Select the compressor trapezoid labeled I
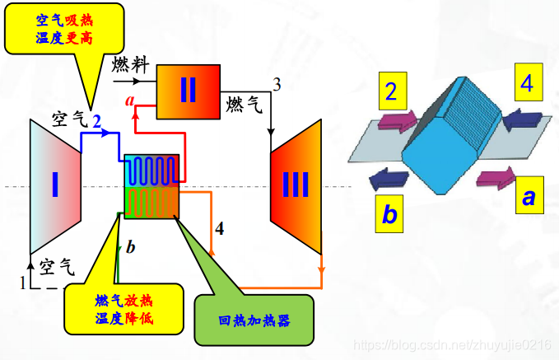pyautogui.click(x=55, y=185)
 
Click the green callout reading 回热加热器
pyautogui.click(x=254, y=319)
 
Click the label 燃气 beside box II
pyautogui.click(x=244, y=104)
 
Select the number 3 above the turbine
pyautogui.click(x=277, y=84)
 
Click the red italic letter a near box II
pyautogui.click(x=129, y=101)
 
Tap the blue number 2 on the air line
pyautogui.click(x=96, y=121)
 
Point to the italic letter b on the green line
pyautogui.click(x=130, y=247)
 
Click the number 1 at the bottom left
pyautogui.click(x=23, y=283)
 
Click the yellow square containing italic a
pyautogui.click(x=527, y=196)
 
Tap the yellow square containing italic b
pyautogui.click(x=389, y=213)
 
